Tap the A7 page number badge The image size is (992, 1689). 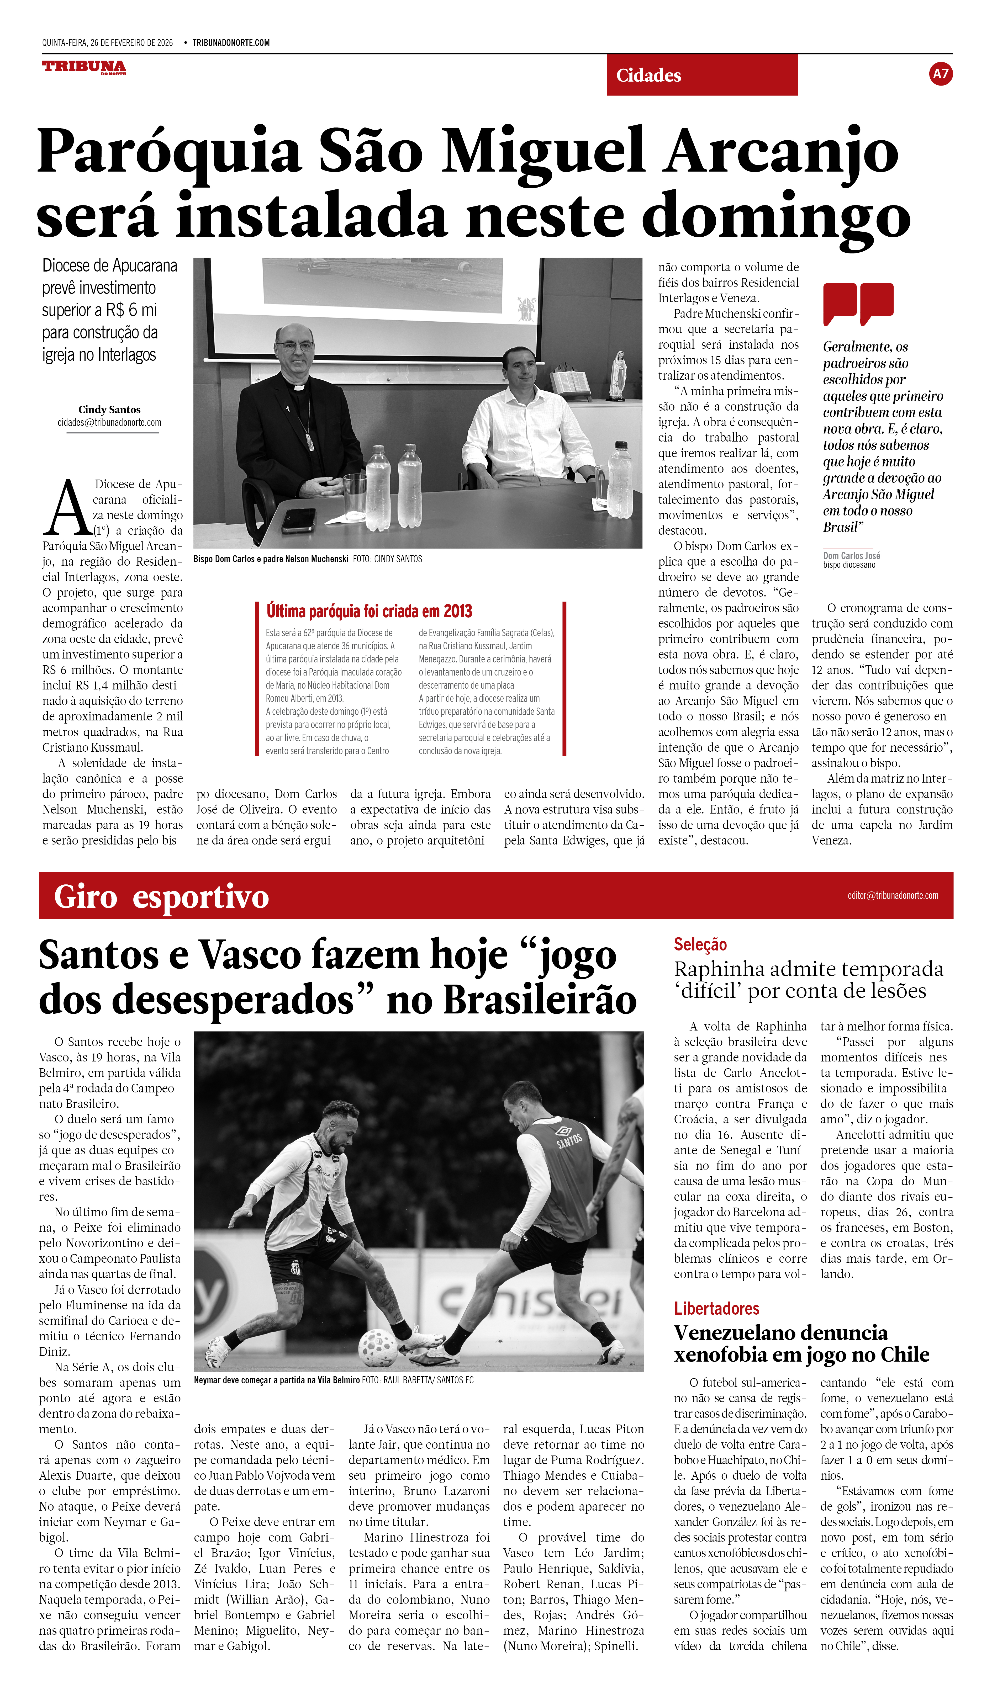[x=940, y=74]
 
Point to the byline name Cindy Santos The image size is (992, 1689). [x=109, y=410]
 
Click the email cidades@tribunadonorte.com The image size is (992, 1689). [x=109, y=423]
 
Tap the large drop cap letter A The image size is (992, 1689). [x=67, y=507]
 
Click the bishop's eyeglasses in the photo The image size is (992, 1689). [x=295, y=346]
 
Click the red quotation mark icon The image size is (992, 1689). [x=858, y=303]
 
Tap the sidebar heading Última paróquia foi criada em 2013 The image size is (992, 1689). [x=369, y=611]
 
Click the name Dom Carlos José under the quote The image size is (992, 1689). [x=851, y=556]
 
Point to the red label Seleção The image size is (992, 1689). [x=700, y=944]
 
